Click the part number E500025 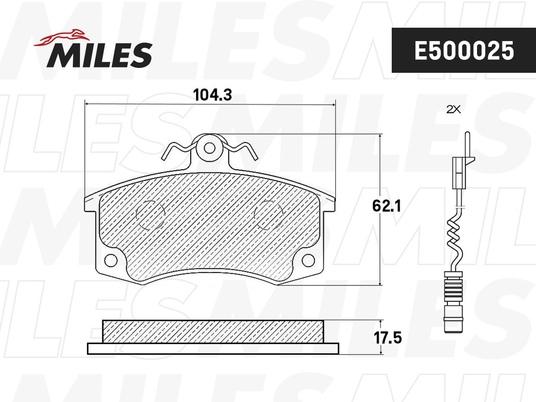coord(464,51)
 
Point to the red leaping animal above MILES coord(63,38)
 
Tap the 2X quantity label coord(453,109)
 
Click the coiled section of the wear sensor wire coord(456,239)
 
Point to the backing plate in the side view coord(213,348)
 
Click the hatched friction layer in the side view coord(213,331)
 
